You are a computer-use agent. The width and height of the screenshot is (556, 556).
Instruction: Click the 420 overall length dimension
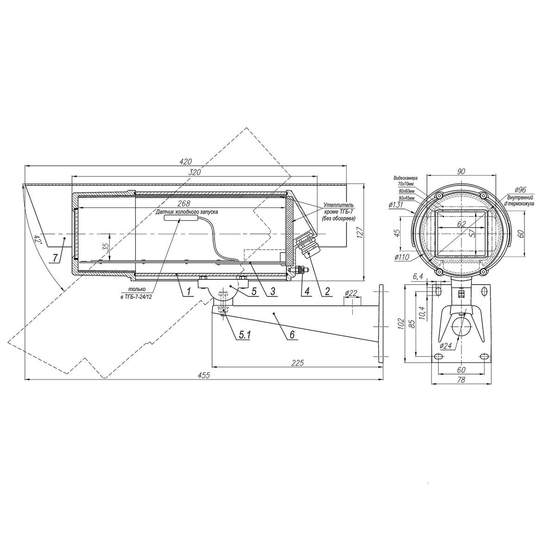185,162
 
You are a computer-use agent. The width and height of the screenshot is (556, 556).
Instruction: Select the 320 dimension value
194,172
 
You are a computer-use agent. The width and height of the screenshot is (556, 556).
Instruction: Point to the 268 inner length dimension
183,204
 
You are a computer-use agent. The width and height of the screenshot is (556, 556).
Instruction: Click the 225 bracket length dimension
297,363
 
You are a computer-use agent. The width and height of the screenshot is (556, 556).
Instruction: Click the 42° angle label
38,239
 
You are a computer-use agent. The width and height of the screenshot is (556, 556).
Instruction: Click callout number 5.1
244,335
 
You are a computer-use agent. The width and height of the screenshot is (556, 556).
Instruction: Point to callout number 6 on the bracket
292,335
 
